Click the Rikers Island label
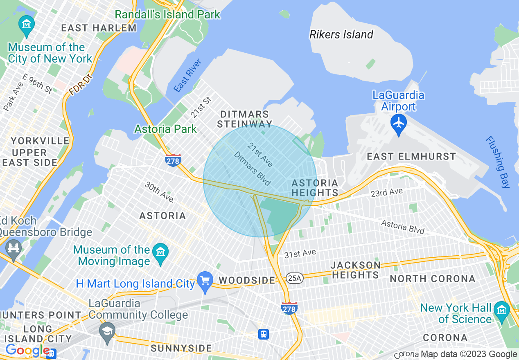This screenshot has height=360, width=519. pos(341,34)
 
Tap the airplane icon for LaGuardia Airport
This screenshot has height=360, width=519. pos(398,122)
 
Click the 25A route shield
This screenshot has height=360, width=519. pos(294,278)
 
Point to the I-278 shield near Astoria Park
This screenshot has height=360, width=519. pos(173,160)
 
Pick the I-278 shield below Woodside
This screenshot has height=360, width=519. pos(289,308)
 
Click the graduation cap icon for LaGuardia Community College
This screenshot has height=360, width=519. pos(107,331)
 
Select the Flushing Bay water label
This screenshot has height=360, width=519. pos(498,162)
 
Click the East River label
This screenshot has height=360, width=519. pos(187,75)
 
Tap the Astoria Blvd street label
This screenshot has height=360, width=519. pos(403,227)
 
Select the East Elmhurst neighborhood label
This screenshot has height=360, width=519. pos(411,156)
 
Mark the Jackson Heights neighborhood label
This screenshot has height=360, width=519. pos(355,270)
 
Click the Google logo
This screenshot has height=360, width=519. pos(27,351)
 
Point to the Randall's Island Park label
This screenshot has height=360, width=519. pos(167,15)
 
